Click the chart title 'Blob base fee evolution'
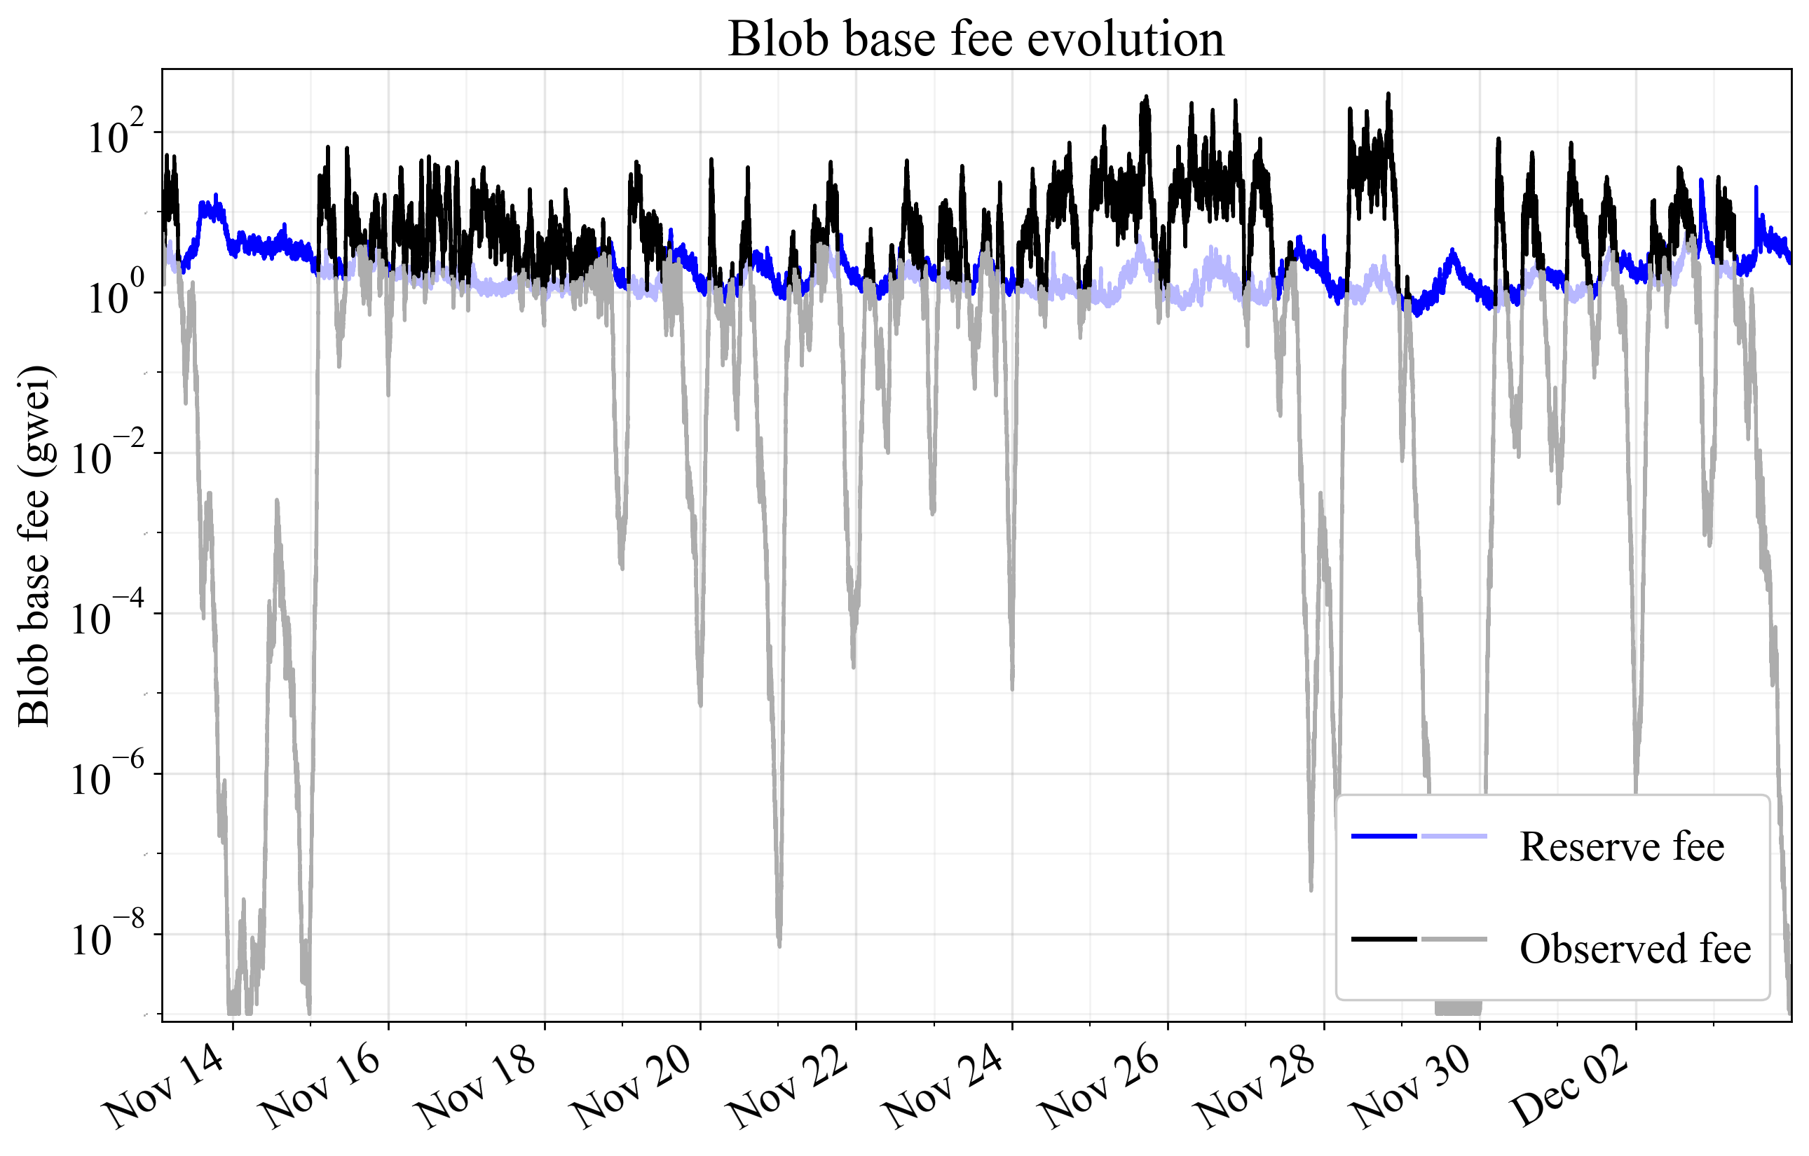[975, 39]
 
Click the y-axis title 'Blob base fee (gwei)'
[34, 546]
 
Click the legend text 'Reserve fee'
[1621, 846]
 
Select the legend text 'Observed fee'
[1634, 949]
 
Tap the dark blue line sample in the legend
[1384, 836]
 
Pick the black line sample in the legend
[1384, 939]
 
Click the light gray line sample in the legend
[1454, 939]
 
